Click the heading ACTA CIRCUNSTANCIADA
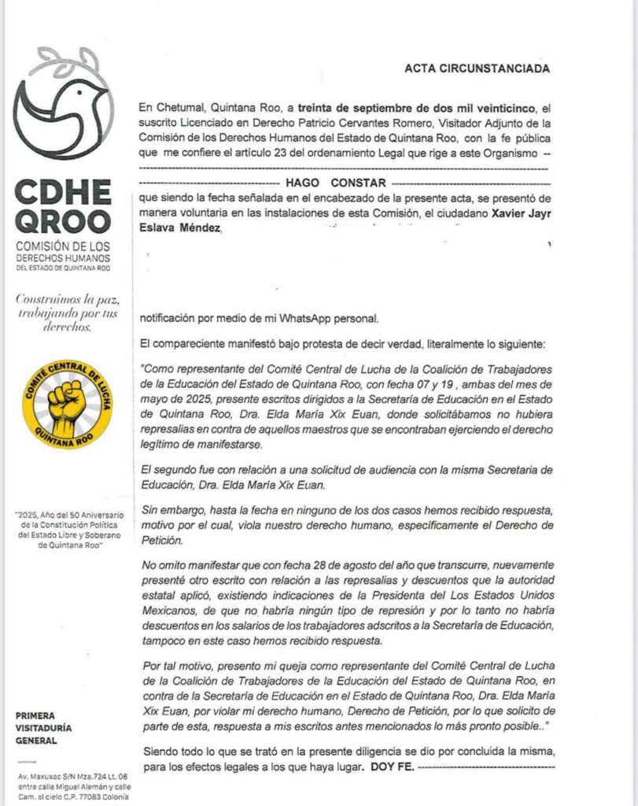click(x=477, y=68)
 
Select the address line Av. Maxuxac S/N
click(x=63, y=776)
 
